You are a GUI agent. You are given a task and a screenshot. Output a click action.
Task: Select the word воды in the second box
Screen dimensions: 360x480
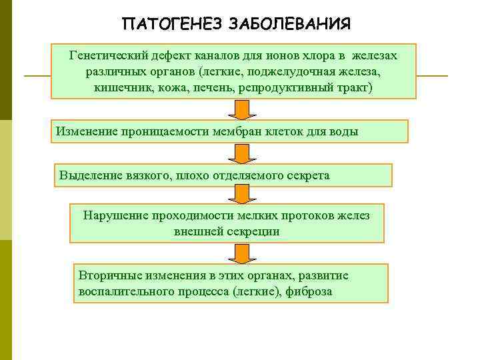click(344, 131)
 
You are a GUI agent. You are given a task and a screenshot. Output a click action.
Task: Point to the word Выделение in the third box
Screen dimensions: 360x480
click(90, 175)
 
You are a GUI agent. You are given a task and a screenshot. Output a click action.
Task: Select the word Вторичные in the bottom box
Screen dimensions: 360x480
click(108, 275)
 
